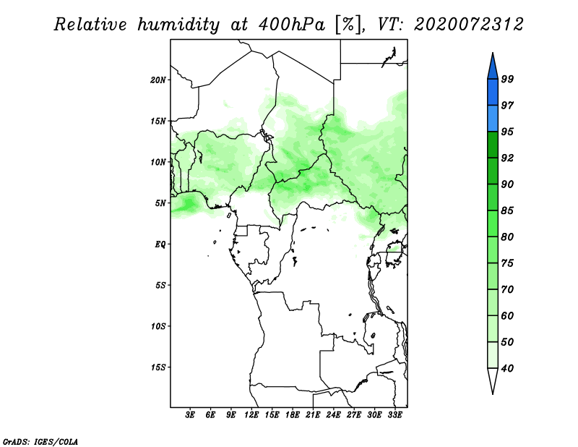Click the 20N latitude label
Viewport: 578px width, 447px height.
coord(158,80)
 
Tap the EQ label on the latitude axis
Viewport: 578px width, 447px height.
coord(160,244)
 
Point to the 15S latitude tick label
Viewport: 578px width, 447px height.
coord(158,367)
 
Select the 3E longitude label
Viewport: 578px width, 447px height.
coord(190,415)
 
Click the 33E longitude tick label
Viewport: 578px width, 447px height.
coord(394,415)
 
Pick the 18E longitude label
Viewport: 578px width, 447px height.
coord(293,415)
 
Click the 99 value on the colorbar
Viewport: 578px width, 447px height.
coord(507,79)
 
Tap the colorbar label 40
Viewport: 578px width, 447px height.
coord(507,368)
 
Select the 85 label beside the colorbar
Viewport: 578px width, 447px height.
coord(507,210)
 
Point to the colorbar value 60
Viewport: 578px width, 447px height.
coord(507,315)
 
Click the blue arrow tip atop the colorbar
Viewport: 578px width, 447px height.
coord(493,53)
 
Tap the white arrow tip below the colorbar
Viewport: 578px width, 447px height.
coord(493,393)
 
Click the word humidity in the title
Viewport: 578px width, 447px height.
coord(178,25)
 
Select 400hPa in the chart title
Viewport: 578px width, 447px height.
coord(292,25)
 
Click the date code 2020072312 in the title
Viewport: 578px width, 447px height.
coord(468,25)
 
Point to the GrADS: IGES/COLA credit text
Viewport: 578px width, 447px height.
coord(40,441)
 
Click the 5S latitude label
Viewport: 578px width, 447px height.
coord(161,285)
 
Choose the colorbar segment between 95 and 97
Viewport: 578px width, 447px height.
coord(493,119)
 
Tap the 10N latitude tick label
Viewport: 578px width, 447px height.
coord(158,162)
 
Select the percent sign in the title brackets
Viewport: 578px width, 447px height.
coord(348,25)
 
